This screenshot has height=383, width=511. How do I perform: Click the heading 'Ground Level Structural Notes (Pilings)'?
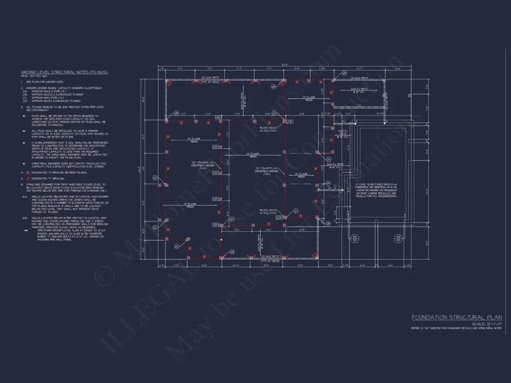coord(64,72)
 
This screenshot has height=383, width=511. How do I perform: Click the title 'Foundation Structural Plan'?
coord(457,317)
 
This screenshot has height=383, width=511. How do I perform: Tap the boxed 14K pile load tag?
coord(218,118)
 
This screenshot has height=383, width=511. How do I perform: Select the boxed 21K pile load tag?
coord(289,122)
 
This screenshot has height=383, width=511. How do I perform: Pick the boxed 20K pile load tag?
coord(279,217)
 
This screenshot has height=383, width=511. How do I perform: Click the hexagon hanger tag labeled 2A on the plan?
coord(328,183)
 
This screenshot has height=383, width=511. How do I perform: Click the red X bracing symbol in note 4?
coord(27,172)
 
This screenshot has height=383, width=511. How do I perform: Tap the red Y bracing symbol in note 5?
coord(27,178)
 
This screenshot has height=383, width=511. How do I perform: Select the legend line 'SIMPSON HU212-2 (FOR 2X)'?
coord(51,91)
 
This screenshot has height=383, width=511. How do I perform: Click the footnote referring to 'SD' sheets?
coord(456,328)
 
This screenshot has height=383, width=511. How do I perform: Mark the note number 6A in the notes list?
coord(25,196)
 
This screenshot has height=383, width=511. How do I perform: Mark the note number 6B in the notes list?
coord(25,218)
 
